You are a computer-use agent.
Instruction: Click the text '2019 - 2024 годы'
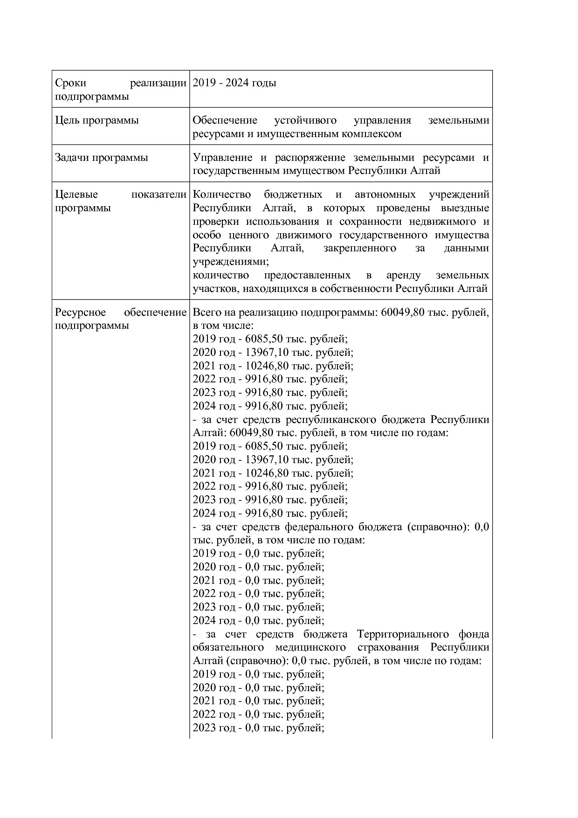pyautogui.click(x=234, y=83)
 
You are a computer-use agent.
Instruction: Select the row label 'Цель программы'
pyautogui.click(x=96, y=120)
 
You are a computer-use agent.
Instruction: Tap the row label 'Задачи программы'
pyautogui.click(x=101, y=158)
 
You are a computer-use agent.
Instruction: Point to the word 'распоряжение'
pyautogui.click(x=310, y=158)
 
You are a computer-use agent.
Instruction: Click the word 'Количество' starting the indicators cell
pyautogui.click(x=222, y=194)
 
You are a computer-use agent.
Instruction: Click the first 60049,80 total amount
pyautogui.click(x=399, y=312)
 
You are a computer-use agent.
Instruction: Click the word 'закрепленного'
pyautogui.click(x=359, y=248)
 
